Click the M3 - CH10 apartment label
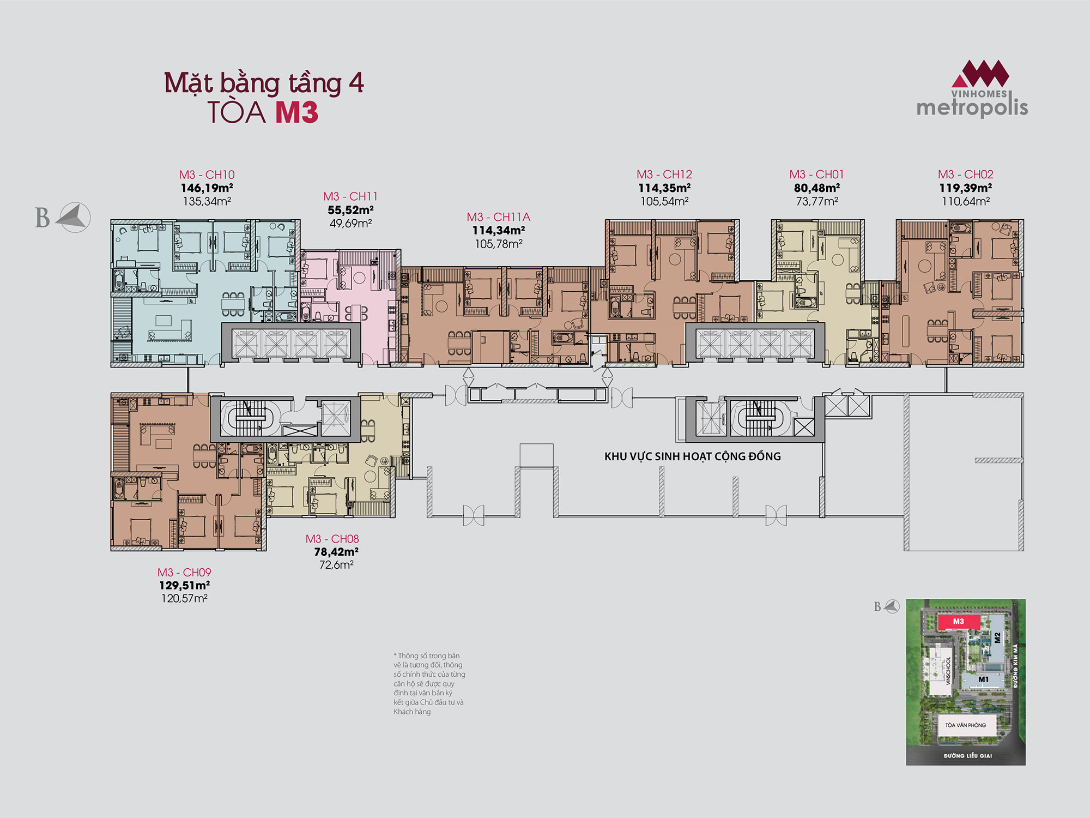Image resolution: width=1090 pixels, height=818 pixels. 207,175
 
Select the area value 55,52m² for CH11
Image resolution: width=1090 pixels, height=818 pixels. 350,210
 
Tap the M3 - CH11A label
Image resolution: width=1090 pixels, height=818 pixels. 498,217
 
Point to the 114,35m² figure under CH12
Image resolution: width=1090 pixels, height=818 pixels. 664,188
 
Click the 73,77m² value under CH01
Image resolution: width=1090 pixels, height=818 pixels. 816,201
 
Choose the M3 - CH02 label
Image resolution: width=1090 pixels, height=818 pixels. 965,175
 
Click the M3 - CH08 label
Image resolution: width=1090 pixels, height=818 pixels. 332,539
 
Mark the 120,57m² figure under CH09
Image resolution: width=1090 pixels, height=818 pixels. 184,598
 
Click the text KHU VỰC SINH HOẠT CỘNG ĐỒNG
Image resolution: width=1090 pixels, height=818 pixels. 692,456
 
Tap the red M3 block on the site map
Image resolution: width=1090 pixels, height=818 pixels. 959,622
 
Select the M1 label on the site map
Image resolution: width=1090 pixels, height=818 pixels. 983,679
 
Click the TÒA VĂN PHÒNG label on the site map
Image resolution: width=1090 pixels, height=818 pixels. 965,725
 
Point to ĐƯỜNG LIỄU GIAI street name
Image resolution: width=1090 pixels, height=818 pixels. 968,756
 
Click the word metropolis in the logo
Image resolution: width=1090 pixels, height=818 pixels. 972,107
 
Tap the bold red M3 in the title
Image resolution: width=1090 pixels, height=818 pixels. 296,112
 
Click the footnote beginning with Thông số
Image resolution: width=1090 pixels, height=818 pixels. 429,683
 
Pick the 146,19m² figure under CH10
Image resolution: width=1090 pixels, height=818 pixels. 207,188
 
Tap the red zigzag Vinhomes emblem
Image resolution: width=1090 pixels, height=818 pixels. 980,74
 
